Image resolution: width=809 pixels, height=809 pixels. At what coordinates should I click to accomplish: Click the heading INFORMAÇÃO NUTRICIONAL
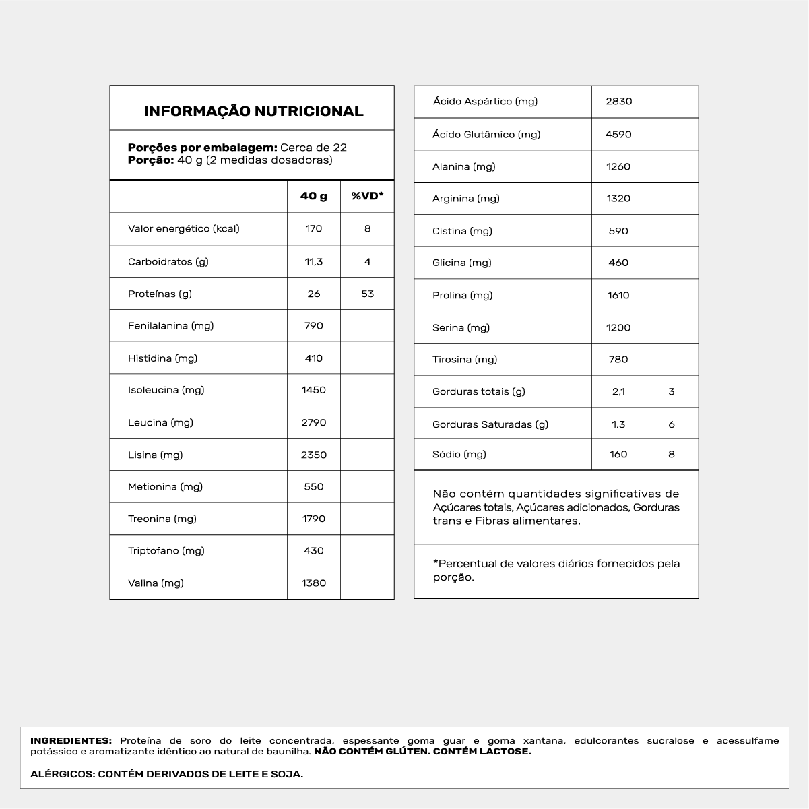(x=253, y=111)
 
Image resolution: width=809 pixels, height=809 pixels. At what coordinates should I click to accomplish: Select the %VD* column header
(x=367, y=196)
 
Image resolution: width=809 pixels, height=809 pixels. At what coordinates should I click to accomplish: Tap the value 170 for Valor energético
(x=314, y=228)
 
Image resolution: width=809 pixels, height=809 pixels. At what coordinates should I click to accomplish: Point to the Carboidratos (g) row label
(x=168, y=261)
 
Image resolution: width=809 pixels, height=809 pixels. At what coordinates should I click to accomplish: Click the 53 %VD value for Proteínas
(x=367, y=294)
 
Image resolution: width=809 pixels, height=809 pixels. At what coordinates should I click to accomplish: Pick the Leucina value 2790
(x=314, y=422)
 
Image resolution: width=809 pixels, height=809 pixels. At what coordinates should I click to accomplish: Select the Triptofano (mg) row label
(x=166, y=550)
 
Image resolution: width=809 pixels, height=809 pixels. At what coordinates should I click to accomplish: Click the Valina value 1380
(x=314, y=583)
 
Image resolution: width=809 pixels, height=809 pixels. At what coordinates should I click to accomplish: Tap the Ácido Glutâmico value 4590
(x=618, y=134)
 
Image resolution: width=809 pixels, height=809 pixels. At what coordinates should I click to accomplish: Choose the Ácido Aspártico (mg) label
(x=485, y=102)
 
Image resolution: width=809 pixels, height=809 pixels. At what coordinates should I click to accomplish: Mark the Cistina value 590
(x=618, y=231)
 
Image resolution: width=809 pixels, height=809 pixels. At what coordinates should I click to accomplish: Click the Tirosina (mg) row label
(x=465, y=359)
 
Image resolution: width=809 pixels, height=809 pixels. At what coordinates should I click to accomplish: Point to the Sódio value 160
(x=618, y=454)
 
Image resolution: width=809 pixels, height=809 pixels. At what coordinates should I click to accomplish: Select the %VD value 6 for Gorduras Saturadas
(x=672, y=424)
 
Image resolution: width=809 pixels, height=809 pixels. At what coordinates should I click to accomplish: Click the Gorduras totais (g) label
(x=479, y=391)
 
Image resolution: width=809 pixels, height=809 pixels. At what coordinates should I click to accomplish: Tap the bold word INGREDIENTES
(x=71, y=740)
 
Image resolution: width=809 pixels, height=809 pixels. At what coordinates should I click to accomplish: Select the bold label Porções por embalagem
(x=202, y=148)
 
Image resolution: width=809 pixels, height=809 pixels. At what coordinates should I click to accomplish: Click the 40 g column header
(x=314, y=196)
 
